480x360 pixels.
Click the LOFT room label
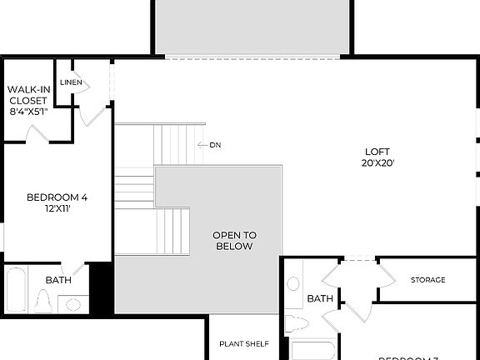377,152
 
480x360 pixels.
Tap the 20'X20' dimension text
377,163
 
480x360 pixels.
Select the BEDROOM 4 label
57,197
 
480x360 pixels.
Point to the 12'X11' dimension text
57,208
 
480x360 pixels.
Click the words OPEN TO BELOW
234,241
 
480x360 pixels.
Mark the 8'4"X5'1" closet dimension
28,111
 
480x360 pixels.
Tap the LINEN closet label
71,82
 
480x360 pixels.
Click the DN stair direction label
215,145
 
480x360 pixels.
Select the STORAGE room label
427,280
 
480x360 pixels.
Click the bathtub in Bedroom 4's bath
16,290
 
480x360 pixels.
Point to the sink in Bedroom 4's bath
74,303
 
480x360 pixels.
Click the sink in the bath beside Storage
294,283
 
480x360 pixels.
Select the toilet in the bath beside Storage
296,323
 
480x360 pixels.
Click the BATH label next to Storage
320,298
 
